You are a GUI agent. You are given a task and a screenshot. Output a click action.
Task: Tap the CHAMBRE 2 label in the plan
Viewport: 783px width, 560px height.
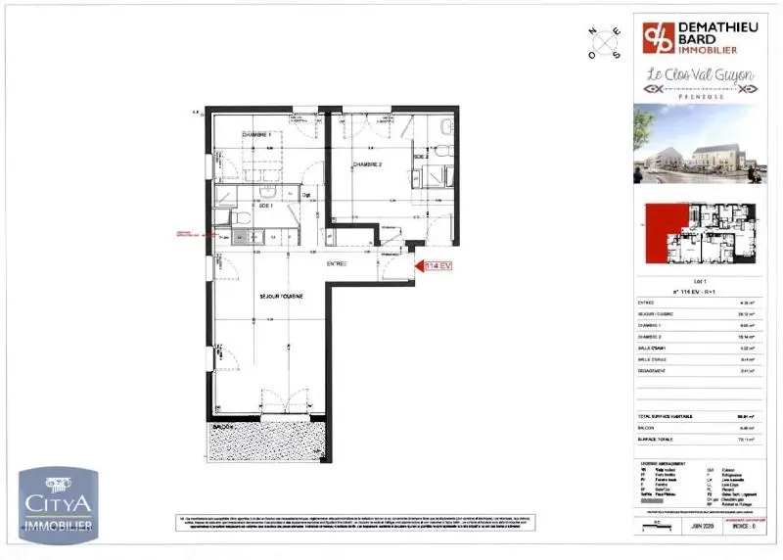[x=367, y=164]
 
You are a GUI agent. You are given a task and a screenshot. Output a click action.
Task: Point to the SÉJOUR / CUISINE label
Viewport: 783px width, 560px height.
[x=280, y=296]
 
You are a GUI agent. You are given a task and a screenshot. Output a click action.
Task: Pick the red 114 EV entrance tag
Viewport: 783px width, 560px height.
[x=437, y=265]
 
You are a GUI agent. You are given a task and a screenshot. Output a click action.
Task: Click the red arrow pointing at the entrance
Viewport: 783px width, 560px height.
[x=417, y=265]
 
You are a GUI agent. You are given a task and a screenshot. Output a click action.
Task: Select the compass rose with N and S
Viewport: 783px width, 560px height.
[x=604, y=42]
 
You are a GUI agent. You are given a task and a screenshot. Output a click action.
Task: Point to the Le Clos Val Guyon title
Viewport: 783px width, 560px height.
[x=697, y=76]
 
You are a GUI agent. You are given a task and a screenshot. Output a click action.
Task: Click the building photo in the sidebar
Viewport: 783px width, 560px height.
[x=697, y=144]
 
